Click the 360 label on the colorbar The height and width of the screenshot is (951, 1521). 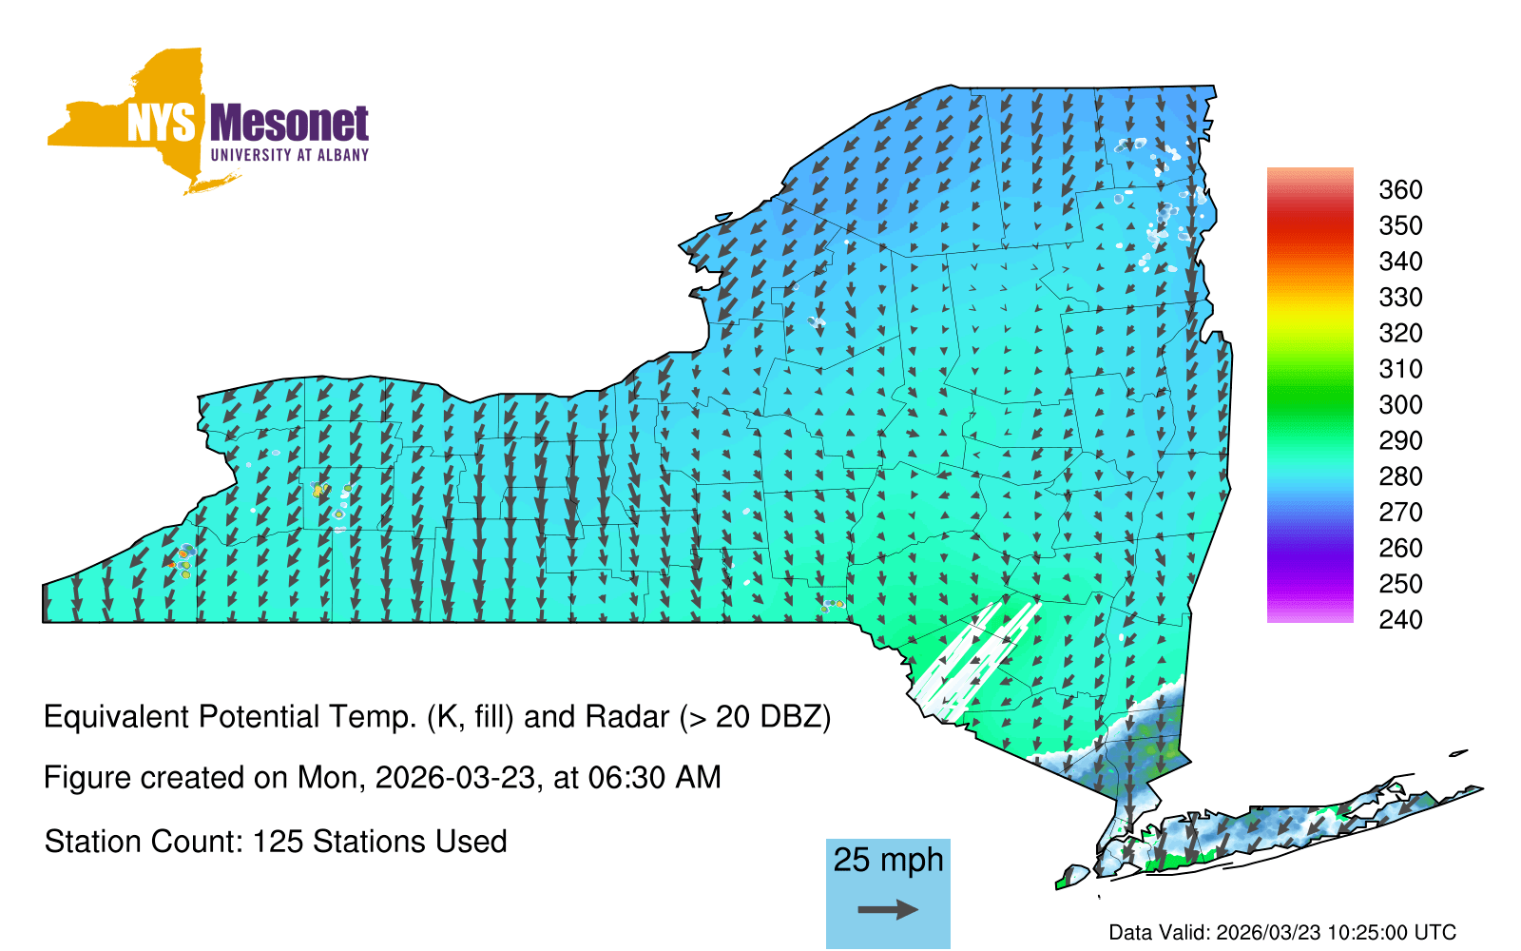click(x=1400, y=189)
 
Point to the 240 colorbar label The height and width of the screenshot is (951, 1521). click(x=1400, y=619)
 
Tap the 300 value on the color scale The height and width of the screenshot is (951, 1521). click(x=1400, y=405)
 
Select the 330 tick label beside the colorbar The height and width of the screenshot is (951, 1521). click(x=1400, y=298)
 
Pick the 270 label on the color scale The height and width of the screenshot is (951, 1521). click(x=1400, y=513)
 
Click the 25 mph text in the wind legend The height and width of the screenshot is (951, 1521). click(x=888, y=861)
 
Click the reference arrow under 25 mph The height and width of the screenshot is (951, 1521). click(x=888, y=909)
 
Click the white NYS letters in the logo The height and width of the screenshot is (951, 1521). click(x=161, y=123)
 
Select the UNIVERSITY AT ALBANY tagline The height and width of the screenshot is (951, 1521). click(x=290, y=155)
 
